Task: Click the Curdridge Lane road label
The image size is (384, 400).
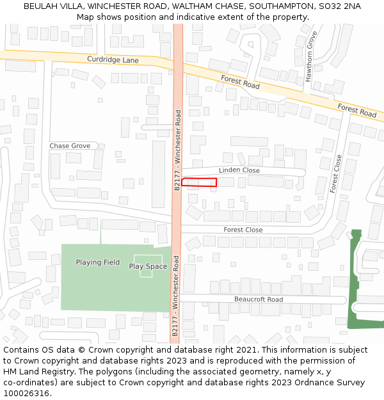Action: coord(113,60)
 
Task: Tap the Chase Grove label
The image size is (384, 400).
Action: coord(70,146)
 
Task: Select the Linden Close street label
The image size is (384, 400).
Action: coord(239,170)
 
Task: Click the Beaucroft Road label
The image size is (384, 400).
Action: coord(258,300)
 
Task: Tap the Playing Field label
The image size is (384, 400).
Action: coord(97,262)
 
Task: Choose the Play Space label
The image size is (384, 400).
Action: coord(148,266)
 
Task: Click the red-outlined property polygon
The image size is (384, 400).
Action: coord(199,182)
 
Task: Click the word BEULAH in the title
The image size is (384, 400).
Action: coord(42,6)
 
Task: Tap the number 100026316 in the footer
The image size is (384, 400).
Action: coord(26,393)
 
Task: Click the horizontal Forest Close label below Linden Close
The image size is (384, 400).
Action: coord(243,230)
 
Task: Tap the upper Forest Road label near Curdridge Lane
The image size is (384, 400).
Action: coord(241,82)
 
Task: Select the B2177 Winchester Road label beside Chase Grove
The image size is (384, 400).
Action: coord(178,149)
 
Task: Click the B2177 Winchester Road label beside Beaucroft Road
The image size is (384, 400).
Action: coord(175,295)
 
